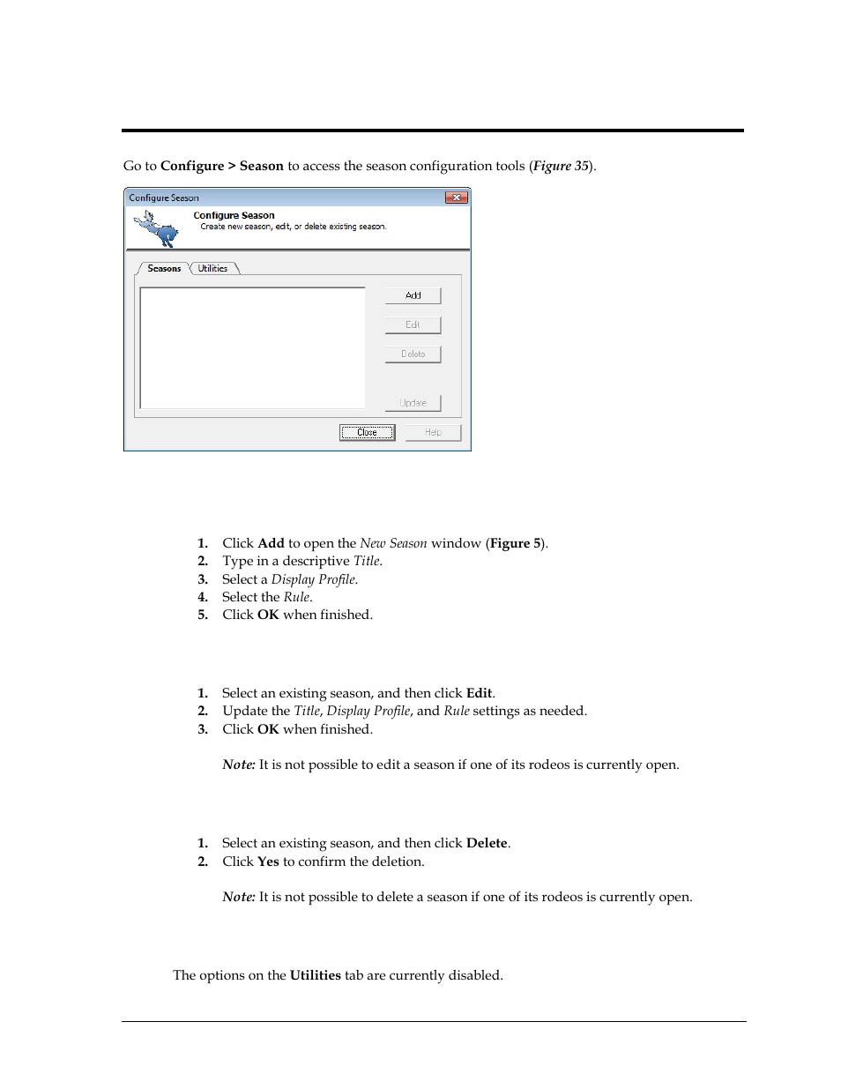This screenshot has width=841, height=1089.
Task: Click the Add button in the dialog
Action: tap(413, 296)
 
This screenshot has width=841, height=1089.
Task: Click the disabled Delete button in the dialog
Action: tap(413, 354)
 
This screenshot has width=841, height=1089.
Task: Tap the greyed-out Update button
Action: tap(413, 403)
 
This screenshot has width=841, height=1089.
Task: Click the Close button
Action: tap(367, 433)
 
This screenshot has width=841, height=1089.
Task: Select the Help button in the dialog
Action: tap(433, 433)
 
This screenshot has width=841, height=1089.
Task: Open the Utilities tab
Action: tap(212, 269)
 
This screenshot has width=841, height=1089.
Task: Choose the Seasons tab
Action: tap(164, 269)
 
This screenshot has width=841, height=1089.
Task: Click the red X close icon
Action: tap(456, 198)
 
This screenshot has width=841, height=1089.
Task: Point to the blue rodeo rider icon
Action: tap(158, 228)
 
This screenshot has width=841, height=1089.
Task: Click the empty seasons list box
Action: tap(252, 347)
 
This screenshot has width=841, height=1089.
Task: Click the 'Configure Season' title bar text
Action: tap(164, 198)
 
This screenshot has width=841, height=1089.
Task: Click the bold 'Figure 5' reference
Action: tap(516, 544)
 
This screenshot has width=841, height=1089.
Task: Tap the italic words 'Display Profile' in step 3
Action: tap(313, 580)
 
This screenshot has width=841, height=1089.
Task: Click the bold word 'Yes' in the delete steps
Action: tap(268, 862)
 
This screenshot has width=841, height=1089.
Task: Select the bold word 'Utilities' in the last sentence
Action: tap(315, 976)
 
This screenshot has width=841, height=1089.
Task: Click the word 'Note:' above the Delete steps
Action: tap(238, 765)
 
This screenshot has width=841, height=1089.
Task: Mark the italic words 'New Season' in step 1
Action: tap(393, 544)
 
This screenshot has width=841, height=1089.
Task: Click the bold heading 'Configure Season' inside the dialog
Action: tap(234, 216)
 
